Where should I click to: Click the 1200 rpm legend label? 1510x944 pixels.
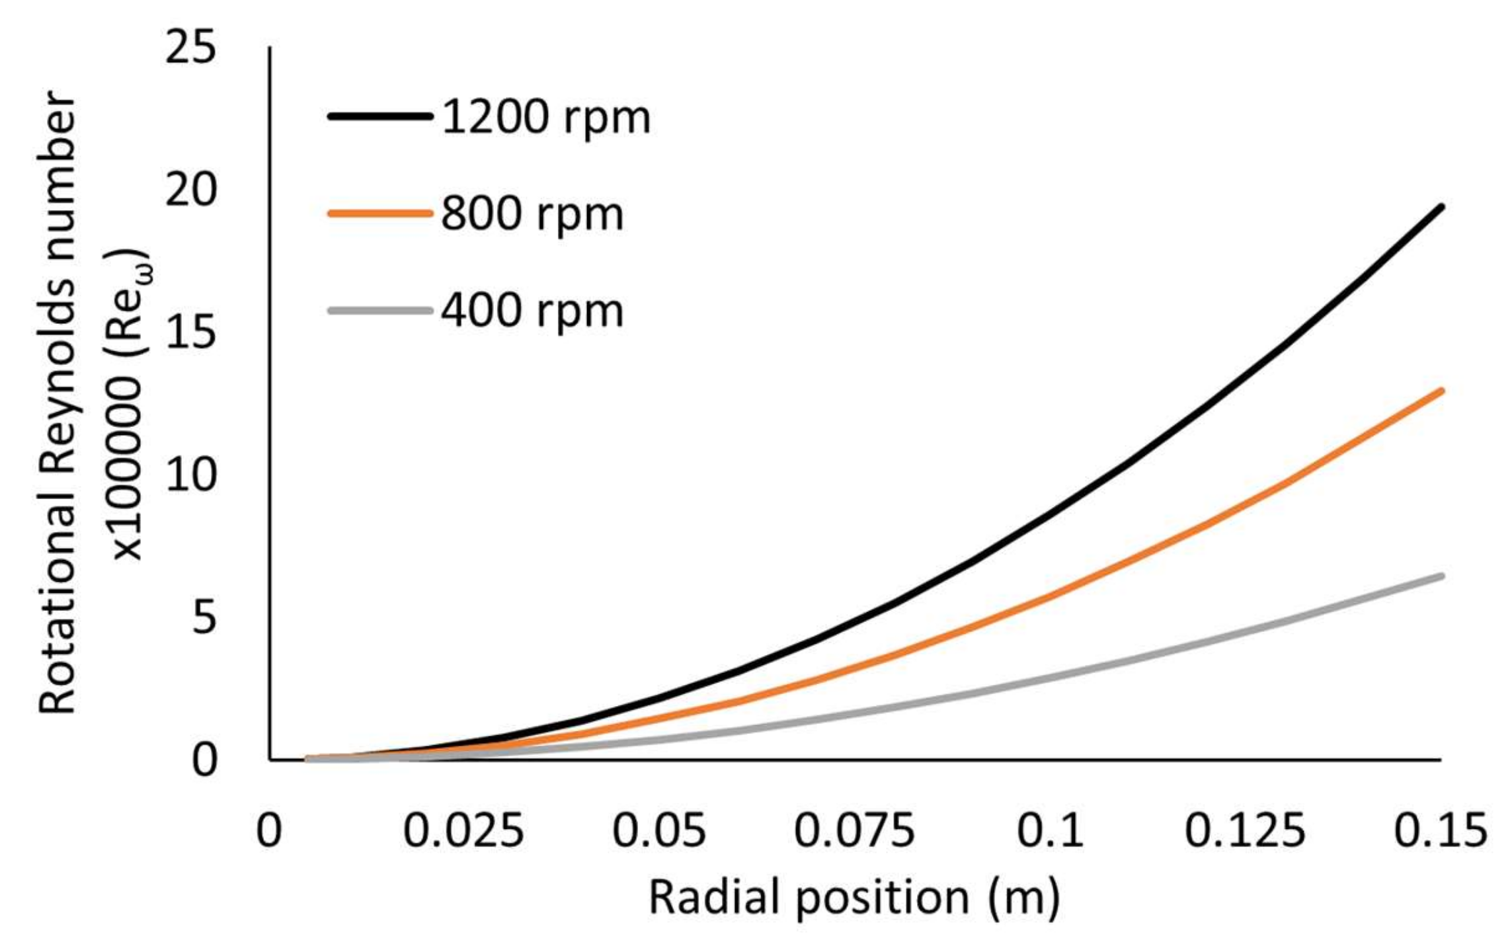(x=545, y=118)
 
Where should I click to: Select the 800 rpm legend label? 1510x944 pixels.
(x=532, y=214)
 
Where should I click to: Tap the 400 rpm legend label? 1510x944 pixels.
(x=532, y=311)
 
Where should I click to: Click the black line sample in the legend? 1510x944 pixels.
(x=380, y=116)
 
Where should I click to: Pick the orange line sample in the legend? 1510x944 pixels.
(x=380, y=213)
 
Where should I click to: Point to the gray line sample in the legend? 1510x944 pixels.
(x=380, y=309)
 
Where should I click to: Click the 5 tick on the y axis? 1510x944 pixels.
(x=204, y=617)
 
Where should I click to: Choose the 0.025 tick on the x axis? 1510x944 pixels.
(x=463, y=830)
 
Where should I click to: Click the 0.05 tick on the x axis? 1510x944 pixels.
(x=659, y=830)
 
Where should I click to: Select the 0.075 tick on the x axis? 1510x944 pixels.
(x=854, y=830)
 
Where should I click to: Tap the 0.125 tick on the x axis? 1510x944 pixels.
(x=1245, y=830)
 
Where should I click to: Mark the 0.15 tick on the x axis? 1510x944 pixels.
(x=1440, y=830)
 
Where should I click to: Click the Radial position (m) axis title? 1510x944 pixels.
(x=854, y=898)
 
